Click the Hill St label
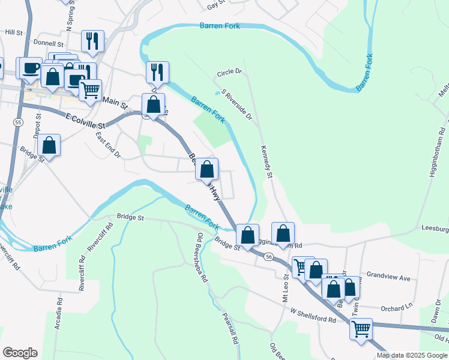point(13,31)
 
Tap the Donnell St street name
point(49,44)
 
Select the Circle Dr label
point(229,71)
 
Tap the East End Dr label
point(109,146)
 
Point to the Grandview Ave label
point(388,278)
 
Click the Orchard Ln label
point(397,307)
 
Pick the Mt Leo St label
point(285,291)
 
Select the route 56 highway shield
point(268,256)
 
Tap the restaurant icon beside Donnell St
point(92,41)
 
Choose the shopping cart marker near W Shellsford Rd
point(361,328)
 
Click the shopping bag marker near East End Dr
point(49,145)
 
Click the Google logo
point(20,353)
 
